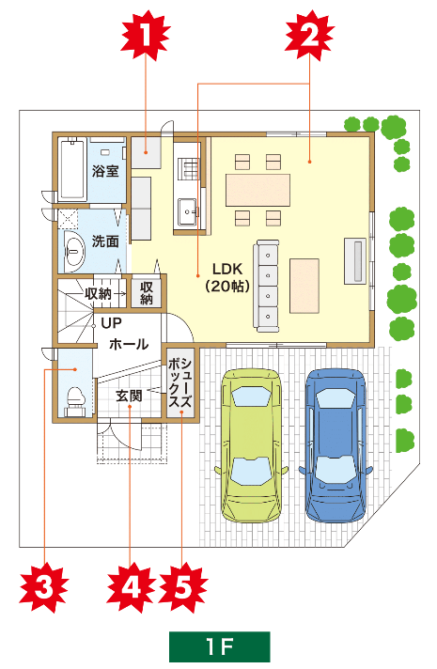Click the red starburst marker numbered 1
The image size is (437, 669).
pos(146,35)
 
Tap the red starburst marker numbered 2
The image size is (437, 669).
pos(310,35)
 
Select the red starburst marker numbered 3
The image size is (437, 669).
pos(44,587)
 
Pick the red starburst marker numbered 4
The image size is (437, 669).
pos(131,587)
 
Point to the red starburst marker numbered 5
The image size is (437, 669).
pos(182,587)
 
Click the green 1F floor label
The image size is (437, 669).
pos(220,646)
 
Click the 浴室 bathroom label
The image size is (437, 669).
pos(105,171)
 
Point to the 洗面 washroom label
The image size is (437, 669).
pos(105,241)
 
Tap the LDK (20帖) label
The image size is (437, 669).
pos(227,277)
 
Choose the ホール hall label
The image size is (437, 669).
pos(129,344)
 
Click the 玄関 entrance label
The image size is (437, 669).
pos(129,396)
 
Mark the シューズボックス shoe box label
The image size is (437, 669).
pos(180,383)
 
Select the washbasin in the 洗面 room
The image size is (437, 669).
pos(74,252)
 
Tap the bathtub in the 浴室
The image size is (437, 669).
pos(72,169)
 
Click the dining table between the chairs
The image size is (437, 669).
pos(258,190)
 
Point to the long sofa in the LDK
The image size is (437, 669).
pos(267,286)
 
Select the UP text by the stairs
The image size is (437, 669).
pos(112,323)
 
